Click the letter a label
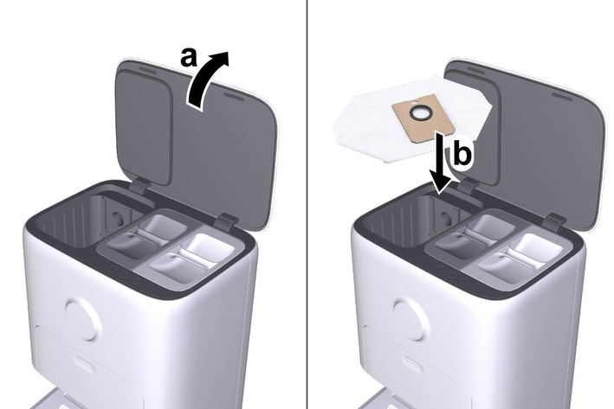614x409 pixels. [x=188, y=57]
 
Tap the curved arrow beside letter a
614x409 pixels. [x=207, y=80]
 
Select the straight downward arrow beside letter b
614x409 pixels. [x=442, y=163]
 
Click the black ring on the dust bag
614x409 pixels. [x=419, y=113]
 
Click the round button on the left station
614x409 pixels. [x=81, y=318]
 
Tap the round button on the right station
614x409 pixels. [x=410, y=318]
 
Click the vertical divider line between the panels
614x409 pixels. [x=307, y=204]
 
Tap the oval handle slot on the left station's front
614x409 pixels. [x=87, y=364]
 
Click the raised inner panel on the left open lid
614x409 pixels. [x=145, y=127]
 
